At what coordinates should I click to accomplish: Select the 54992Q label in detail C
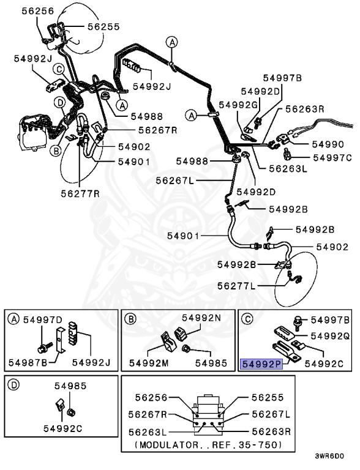click(x=329, y=336)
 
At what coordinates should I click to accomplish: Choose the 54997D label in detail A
click(x=43, y=320)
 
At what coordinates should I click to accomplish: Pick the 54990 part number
click(x=329, y=144)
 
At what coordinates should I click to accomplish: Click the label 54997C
click(x=332, y=157)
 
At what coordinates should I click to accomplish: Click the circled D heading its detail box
click(x=13, y=387)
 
